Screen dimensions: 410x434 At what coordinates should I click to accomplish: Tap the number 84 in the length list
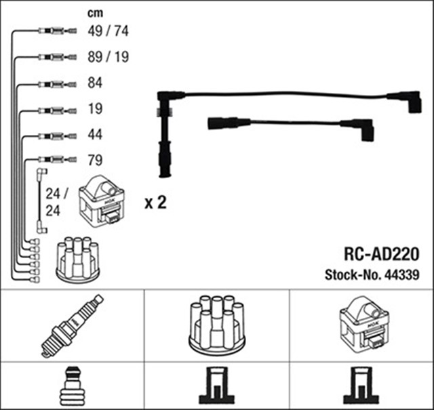pos(95,84)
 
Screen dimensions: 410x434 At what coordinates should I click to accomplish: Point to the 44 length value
pos(95,135)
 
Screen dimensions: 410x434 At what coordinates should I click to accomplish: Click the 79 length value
pos(95,161)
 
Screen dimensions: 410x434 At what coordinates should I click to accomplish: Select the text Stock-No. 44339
pos(372,275)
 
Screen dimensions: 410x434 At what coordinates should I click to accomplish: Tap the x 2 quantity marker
pos(155,203)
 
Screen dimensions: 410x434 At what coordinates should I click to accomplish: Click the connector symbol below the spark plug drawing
pos(71,386)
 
